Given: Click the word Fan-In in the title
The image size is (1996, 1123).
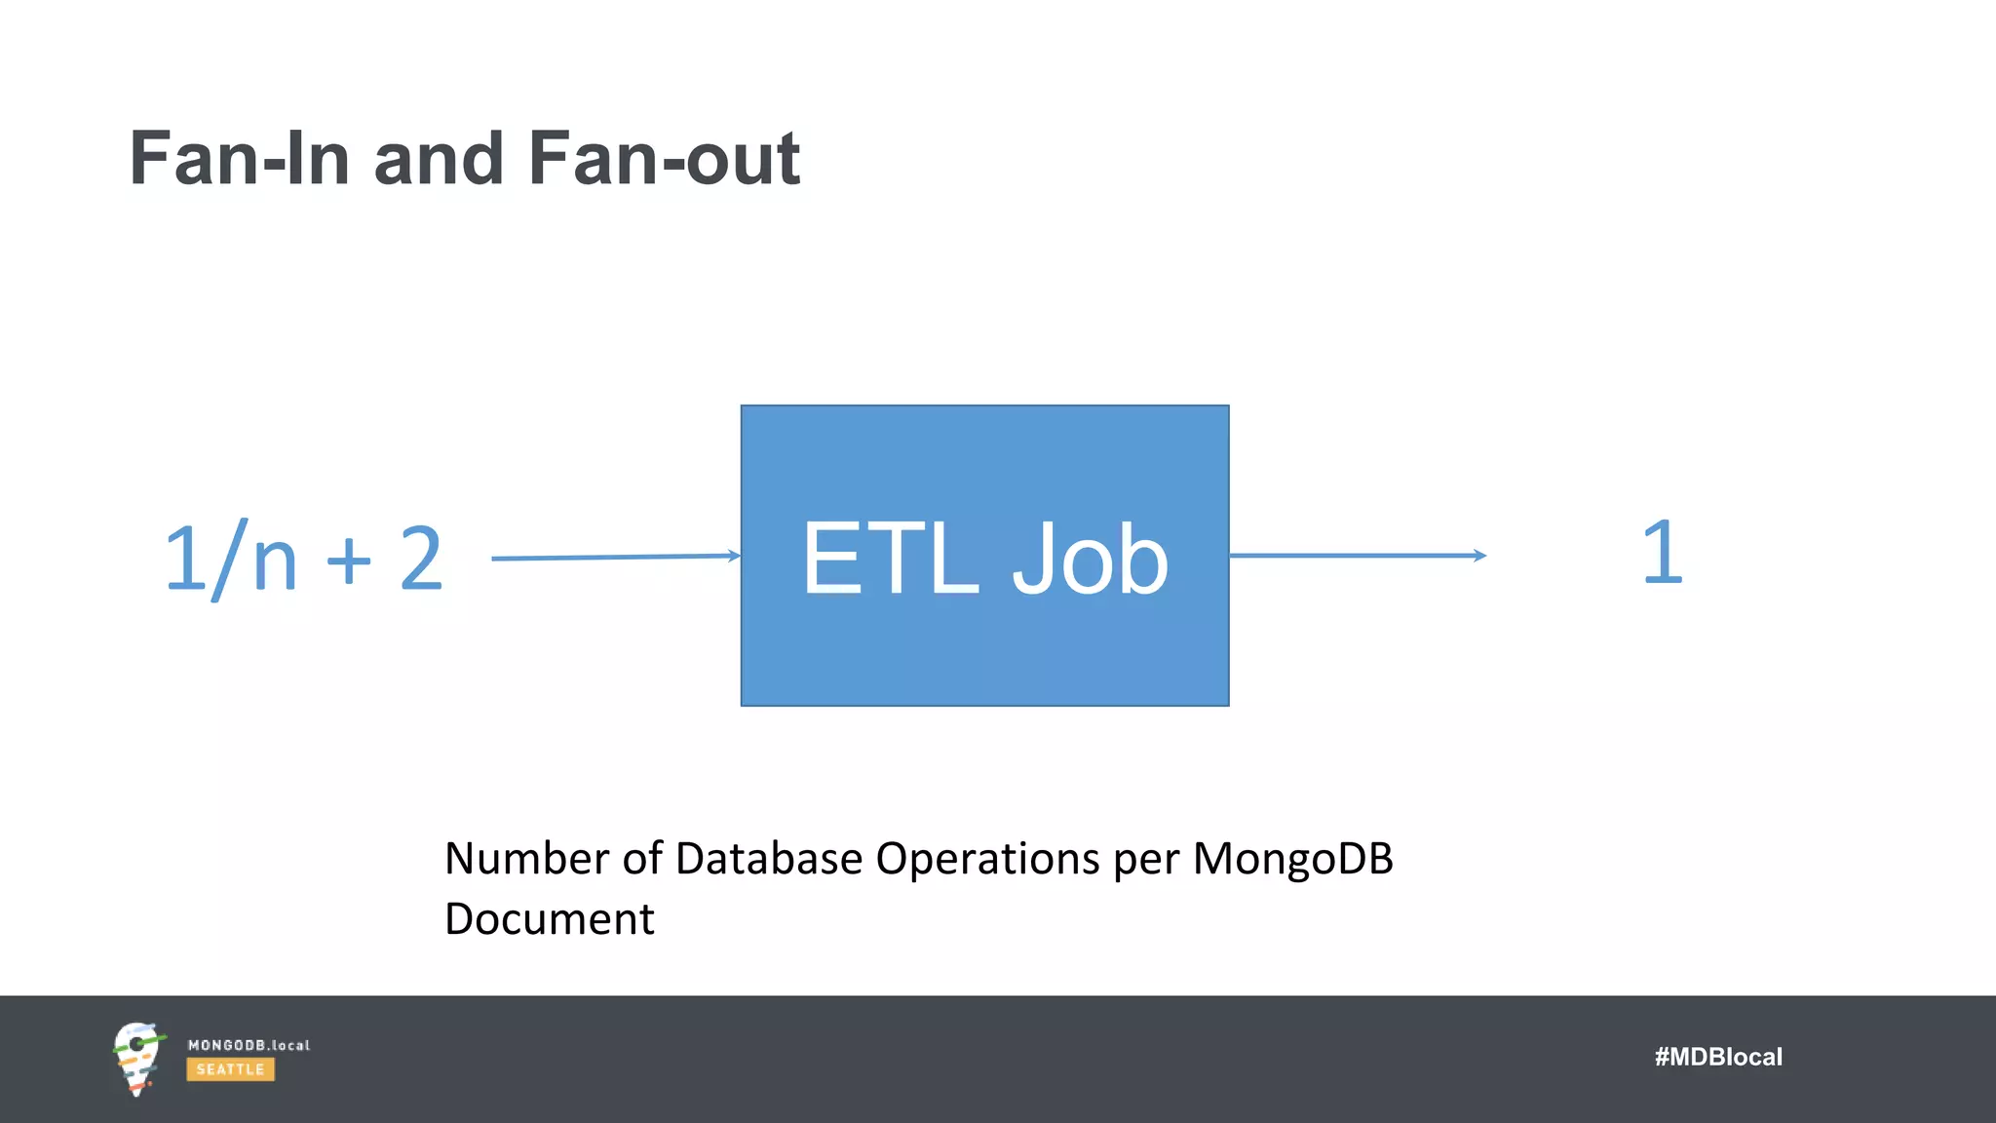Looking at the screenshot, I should pos(240,159).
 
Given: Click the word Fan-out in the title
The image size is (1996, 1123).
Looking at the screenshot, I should pos(664,159).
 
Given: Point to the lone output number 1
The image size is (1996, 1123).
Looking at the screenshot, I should pos(1662,553).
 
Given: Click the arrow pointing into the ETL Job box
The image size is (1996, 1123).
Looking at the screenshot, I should pos(615,558).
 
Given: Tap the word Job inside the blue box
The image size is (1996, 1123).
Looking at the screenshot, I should pos(1090,559).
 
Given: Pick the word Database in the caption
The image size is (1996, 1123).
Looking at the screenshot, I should pos(768,859).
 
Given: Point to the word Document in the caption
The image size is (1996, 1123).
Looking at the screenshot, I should pos(549,919).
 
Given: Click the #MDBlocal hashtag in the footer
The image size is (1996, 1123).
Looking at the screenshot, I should pos(1717,1057).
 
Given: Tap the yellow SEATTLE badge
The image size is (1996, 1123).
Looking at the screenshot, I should pos(230,1069).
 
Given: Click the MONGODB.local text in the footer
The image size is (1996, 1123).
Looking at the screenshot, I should pos(249,1045).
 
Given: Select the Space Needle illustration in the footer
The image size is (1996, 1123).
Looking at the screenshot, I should pos(136,1059).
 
